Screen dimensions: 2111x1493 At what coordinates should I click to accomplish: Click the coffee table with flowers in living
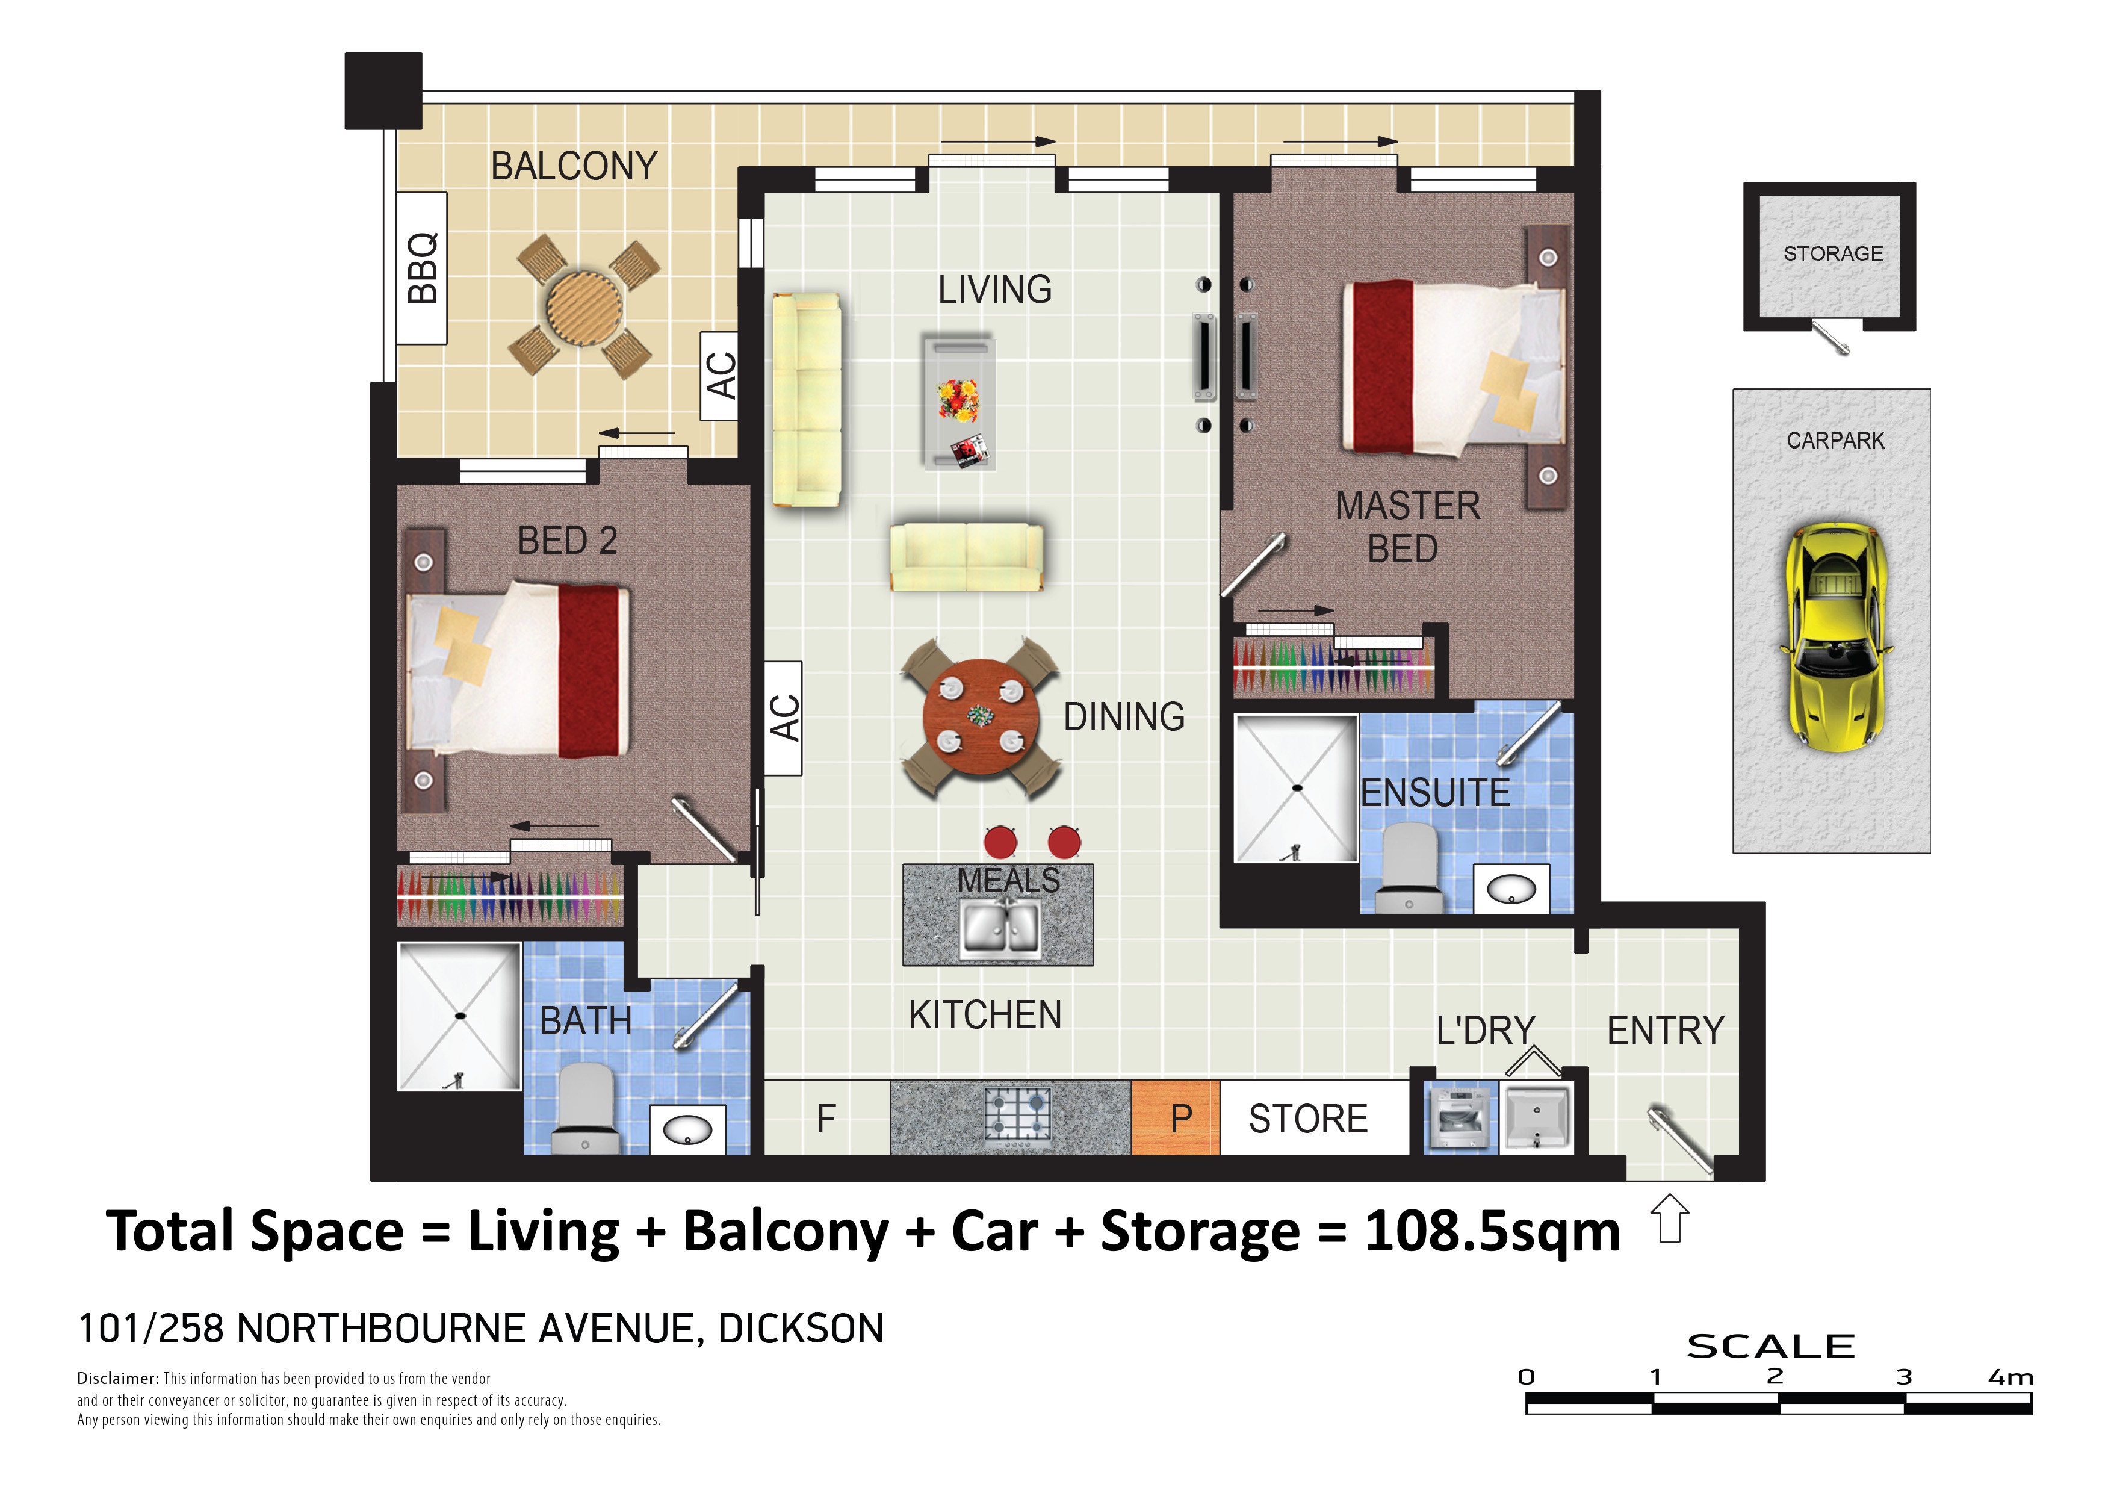(959, 402)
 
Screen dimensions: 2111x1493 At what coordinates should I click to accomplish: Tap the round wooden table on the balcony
(584, 306)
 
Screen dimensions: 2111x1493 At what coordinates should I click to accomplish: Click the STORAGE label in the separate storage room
(1834, 253)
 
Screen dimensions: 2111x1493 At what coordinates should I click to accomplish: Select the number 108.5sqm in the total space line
(1492, 1231)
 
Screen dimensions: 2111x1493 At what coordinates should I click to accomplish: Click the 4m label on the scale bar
(2011, 1377)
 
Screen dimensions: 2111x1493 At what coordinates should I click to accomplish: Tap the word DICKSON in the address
(801, 1329)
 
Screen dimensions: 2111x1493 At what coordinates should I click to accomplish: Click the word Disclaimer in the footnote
(119, 1379)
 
